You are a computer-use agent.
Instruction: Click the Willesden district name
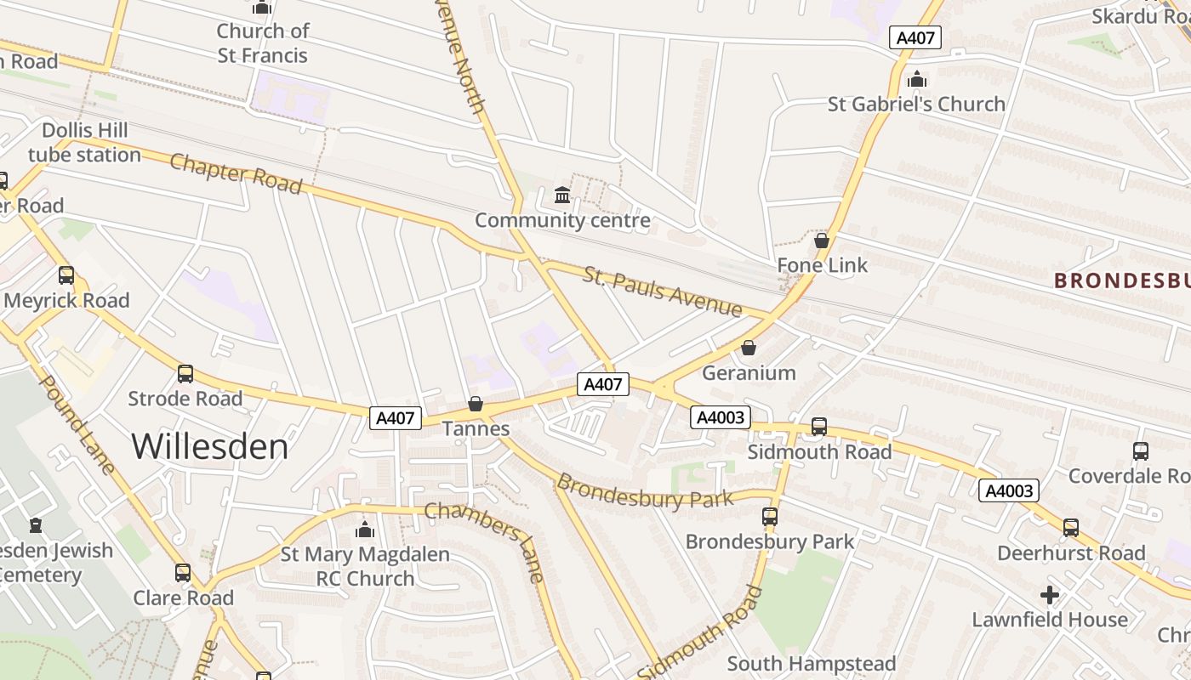tap(210, 446)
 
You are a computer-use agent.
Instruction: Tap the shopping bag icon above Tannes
tap(476, 404)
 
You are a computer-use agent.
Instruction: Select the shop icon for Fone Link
tap(821, 241)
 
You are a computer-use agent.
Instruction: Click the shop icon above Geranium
tap(749, 348)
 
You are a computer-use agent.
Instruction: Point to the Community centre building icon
tap(562, 195)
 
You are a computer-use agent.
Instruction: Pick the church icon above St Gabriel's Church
tap(916, 79)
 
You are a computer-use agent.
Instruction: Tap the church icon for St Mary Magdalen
tap(365, 530)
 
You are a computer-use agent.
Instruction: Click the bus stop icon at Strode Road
tap(185, 374)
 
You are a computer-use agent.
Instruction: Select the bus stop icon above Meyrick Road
tap(66, 275)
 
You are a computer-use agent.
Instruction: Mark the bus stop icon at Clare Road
tap(183, 573)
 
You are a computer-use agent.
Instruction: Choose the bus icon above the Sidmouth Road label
tap(818, 427)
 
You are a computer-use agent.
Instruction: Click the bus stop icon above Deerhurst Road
tap(1070, 528)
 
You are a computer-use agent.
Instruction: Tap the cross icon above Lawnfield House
tap(1050, 594)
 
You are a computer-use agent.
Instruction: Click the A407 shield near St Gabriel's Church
tap(915, 37)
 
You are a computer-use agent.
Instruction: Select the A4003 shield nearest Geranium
tap(720, 416)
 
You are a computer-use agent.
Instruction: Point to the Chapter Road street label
tap(236, 173)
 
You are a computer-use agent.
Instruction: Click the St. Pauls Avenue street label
tap(662, 292)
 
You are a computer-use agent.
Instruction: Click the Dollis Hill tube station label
tap(84, 143)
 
